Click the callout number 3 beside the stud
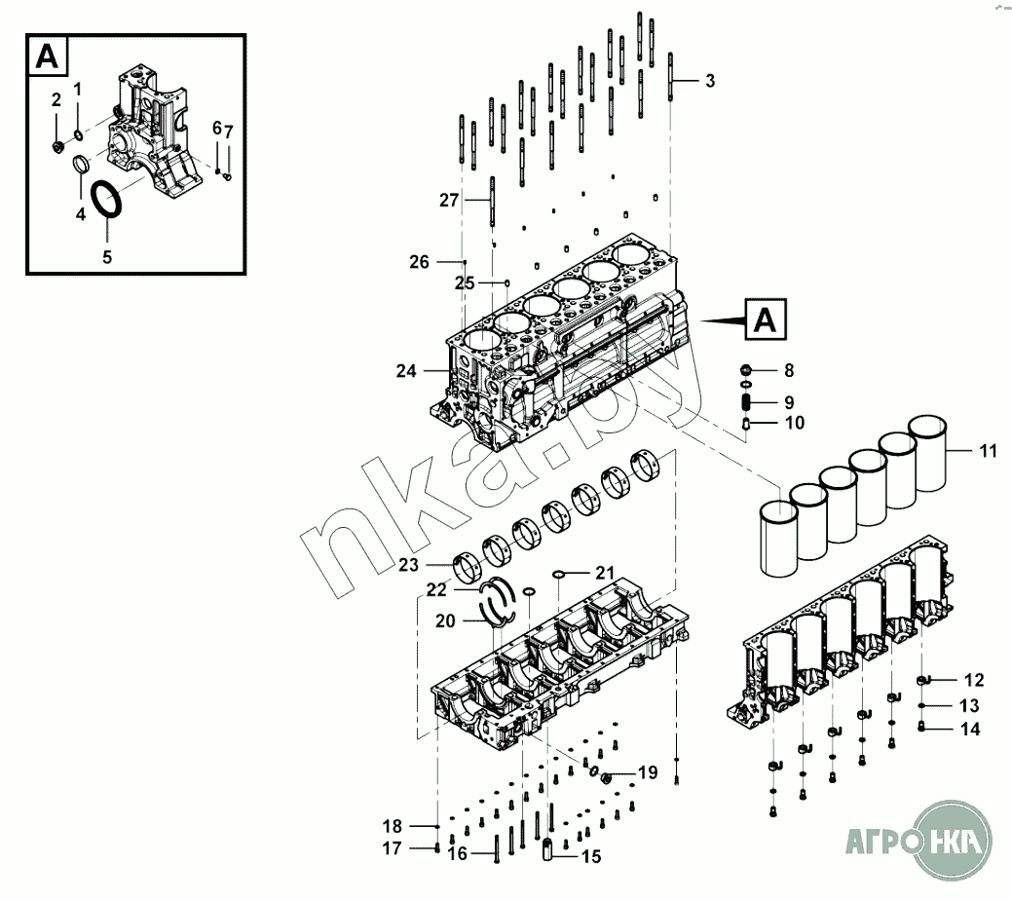(710, 81)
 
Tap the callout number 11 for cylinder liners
(988, 451)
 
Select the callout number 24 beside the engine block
(406, 370)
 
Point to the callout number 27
(448, 200)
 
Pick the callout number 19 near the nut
(648, 772)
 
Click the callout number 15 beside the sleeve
(591, 857)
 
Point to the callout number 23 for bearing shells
(408, 564)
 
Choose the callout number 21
(605, 572)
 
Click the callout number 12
(974, 679)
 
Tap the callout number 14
(970, 728)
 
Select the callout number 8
(789, 370)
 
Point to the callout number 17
(392, 848)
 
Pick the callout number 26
(419, 261)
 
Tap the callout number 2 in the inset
(56, 99)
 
